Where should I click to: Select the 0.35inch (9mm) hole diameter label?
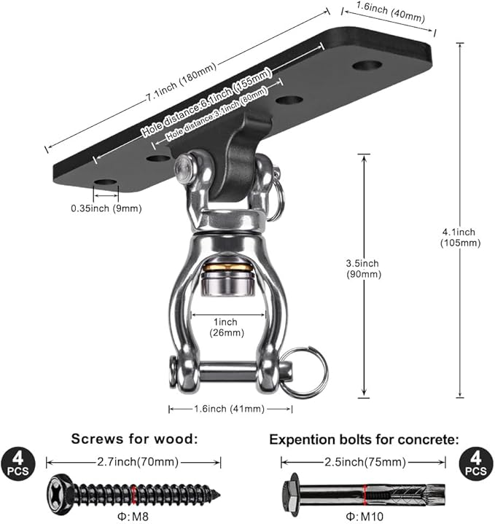pos(106,208)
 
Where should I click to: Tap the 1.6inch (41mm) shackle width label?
pos(230,409)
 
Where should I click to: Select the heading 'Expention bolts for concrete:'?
pos(365,439)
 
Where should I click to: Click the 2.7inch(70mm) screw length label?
pos(133,462)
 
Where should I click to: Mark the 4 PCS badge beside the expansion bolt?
pos(476,464)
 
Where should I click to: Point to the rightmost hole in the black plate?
pos(367,66)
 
